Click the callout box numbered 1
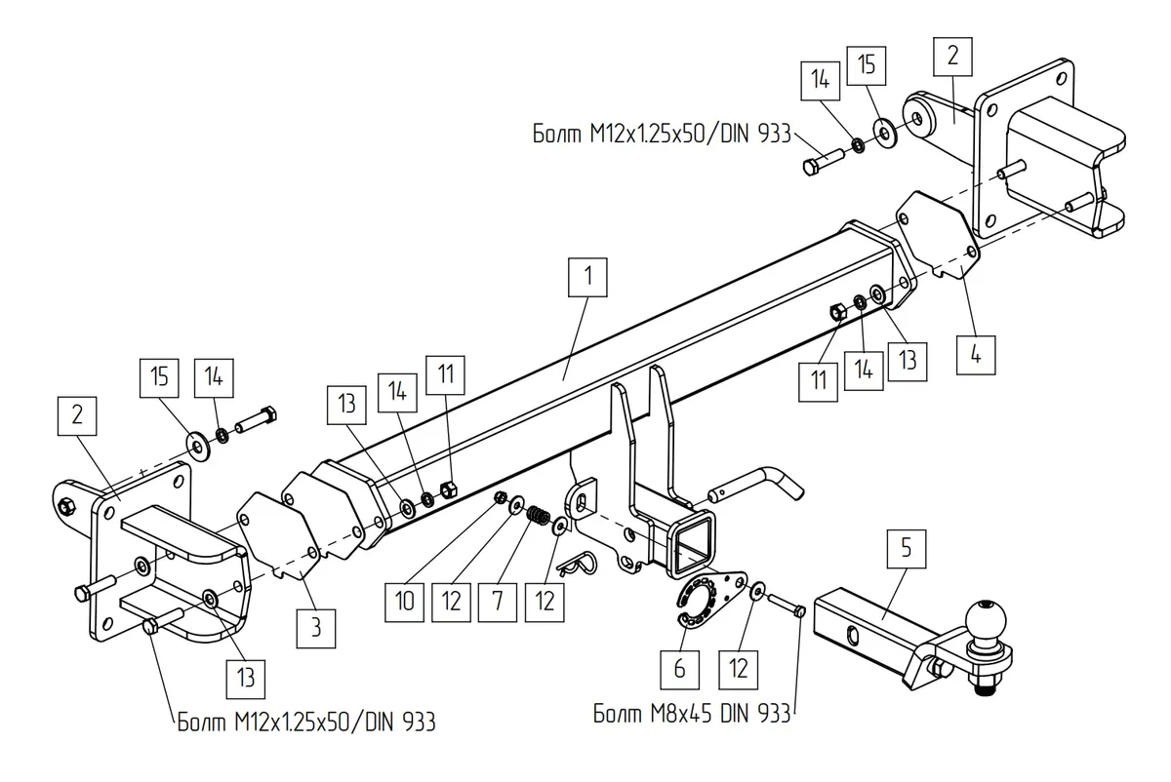tap(587, 277)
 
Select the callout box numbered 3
tap(316, 628)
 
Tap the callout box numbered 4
tap(976, 356)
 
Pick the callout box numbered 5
tap(906, 549)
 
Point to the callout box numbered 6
tap(679, 670)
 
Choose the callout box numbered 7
tap(497, 603)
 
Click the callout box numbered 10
tap(404, 603)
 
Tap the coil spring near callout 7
tap(537, 515)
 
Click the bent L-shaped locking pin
tap(755, 485)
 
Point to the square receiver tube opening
tap(691, 543)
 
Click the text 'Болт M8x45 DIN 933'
tap(691, 714)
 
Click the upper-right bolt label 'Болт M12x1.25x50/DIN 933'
tap(662, 134)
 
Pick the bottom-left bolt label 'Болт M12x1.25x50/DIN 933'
tap(306, 723)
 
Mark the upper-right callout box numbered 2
tap(952, 57)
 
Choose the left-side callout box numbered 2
tap(77, 415)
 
